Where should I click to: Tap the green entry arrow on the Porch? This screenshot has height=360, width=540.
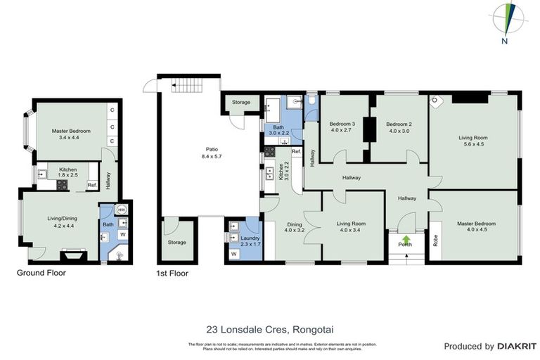(405, 239)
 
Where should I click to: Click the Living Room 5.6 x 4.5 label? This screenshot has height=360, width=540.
(473, 142)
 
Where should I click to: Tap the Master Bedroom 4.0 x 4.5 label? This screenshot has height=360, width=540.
(476, 227)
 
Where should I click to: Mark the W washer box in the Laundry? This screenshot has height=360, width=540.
(233, 254)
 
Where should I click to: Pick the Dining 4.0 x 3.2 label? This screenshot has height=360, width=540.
(294, 227)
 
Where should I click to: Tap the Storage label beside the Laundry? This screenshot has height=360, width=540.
(176, 243)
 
